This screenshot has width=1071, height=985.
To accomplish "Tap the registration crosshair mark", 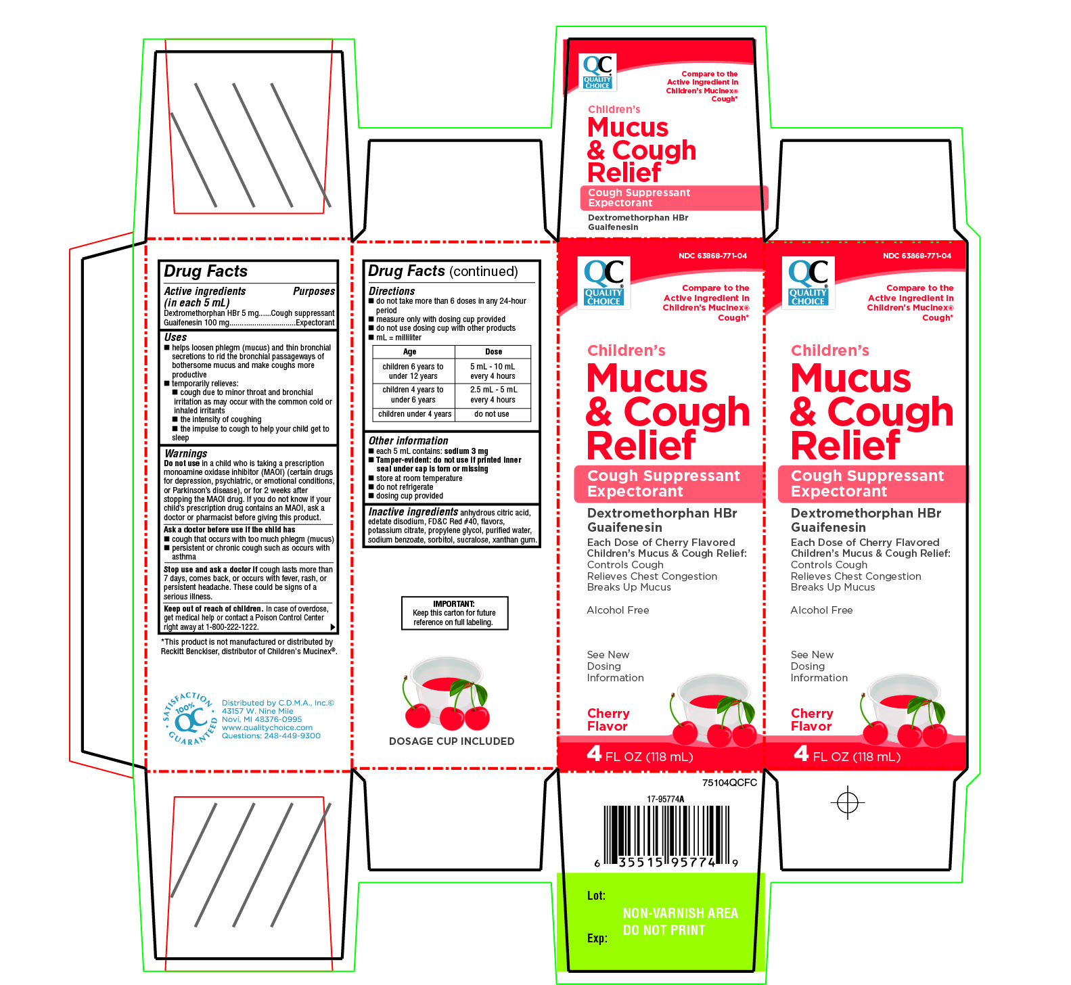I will click(x=847, y=803).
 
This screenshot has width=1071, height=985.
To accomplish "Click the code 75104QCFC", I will click(x=729, y=783).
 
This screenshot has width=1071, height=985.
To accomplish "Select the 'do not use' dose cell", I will click(x=492, y=414).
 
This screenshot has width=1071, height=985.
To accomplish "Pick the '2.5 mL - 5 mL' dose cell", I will click(x=493, y=394).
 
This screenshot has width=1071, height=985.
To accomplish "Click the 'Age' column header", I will click(x=409, y=352).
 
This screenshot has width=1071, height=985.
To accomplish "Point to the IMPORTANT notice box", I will click(x=454, y=613).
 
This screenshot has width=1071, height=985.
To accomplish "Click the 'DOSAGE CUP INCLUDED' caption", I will click(x=451, y=741).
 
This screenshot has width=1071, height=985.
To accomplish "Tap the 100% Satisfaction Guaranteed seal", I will click(x=189, y=718).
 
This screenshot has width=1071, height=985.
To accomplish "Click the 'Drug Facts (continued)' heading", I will click(x=442, y=271).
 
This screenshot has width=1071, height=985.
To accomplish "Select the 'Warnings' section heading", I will click(x=186, y=453).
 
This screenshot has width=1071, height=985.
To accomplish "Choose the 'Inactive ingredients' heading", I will click(x=413, y=512).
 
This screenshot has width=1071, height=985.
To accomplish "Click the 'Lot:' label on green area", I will click(x=596, y=896).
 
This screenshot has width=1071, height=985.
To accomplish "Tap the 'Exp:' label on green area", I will click(x=597, y=938).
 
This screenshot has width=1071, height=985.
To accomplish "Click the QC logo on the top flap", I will click(x=598, y=72).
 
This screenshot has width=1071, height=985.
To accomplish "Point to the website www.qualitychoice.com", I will click(x=267, y=728).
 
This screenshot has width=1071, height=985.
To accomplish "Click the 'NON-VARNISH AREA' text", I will click(x=680, y=913).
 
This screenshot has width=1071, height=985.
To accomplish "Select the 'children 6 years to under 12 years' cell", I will click(x=413, y=371).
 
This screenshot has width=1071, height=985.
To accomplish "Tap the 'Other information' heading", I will click(x=408, y=440).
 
